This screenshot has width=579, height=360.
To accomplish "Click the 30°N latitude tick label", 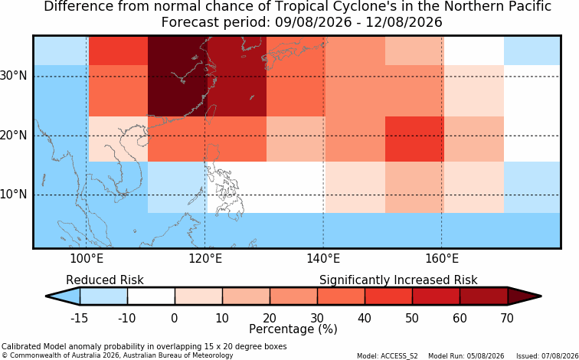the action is pos(13,76).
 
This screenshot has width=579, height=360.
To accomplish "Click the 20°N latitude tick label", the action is pos(13,135).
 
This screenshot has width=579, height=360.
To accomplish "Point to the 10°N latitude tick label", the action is pos(13,195).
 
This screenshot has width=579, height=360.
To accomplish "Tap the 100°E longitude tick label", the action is pos(87,259).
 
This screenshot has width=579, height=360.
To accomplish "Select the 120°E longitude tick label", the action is pos(205,259).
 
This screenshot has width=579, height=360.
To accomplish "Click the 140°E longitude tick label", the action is pos(323,259).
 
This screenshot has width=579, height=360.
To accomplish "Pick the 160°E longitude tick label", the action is pos(442,259).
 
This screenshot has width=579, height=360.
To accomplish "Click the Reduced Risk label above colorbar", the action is pos(105,280).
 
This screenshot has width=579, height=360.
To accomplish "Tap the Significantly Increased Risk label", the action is pos(398,280).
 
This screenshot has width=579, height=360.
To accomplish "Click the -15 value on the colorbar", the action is pos(80,318).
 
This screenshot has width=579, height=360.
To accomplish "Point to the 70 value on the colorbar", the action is pos(507,318).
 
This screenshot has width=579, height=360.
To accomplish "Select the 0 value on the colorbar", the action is pos(175,318).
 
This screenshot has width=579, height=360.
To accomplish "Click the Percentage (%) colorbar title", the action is pos(293,329).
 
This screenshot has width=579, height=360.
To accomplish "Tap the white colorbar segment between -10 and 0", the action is pos(151,296).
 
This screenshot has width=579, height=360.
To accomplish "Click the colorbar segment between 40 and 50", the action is pos(388,296).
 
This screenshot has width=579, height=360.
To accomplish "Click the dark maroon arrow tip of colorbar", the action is pos(541,296).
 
